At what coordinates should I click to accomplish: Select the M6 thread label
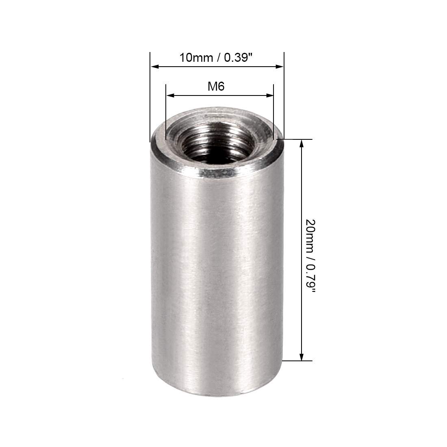(x=216, y=86)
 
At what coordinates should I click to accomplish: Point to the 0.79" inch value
(x=310, y=276)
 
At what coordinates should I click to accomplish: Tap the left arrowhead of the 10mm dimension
(x=154, y=67)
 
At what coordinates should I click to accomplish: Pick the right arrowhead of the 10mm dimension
(x=280, y=67)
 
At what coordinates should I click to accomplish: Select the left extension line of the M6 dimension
(x=166, y=114)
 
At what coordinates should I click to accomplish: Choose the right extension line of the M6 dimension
(x=273, y=114)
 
